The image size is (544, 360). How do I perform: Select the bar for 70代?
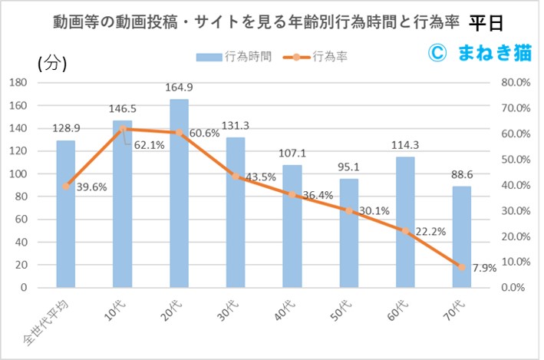pos(462,237)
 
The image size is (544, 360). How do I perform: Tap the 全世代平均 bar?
pos(66,215)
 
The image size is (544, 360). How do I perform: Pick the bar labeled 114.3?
pos(405,223)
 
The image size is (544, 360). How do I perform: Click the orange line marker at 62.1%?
pos(123,129)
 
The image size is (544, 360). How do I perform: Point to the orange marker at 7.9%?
pos(462,267)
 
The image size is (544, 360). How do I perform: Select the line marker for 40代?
pos(292,194)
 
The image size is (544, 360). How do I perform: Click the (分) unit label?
pos(52,64)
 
